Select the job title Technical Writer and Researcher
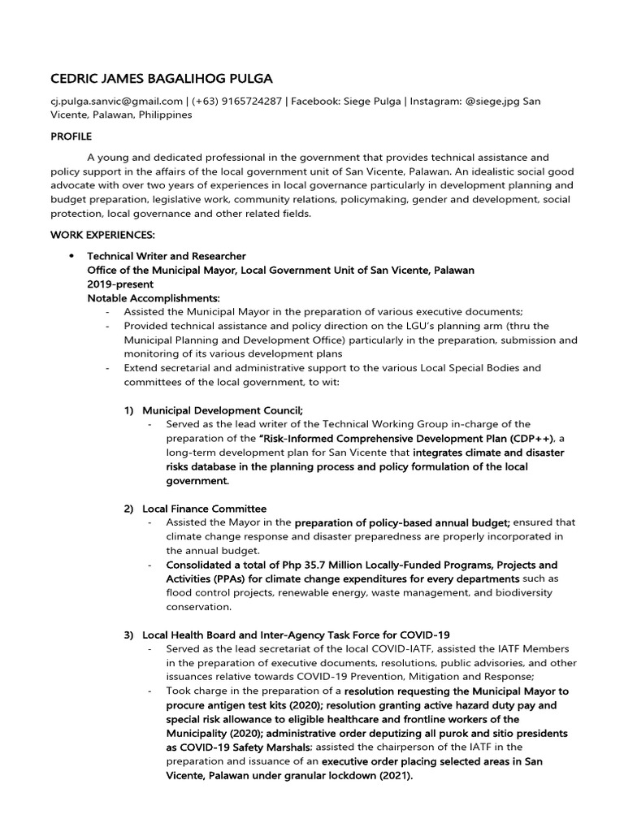[167, 256]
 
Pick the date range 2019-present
[120, 284]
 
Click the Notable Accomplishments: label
[154, 298]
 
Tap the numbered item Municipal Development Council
[223, 410]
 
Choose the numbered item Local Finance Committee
[204, 509]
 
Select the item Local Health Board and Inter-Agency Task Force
[296, 635]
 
